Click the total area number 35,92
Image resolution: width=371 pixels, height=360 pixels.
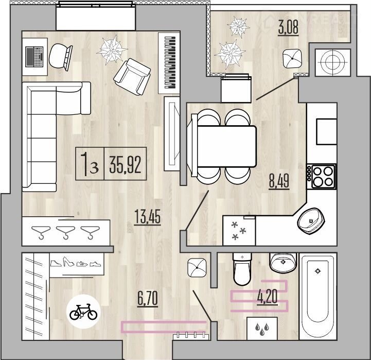coord(125,165)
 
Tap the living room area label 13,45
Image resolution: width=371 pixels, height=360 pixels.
coord(147,216)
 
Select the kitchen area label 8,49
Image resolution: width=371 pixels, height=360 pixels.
coord(279,181)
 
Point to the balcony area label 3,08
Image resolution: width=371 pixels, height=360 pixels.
coord(288,27)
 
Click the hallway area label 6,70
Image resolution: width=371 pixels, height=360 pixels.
coord(148,298)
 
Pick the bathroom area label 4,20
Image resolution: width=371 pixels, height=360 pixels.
coord(267,297)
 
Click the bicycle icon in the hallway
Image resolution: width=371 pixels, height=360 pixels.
coord(83,312)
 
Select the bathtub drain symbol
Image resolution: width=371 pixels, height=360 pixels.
coord(318,271)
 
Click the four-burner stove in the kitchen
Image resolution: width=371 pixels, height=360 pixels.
coord(322,177)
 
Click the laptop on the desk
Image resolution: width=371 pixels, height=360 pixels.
coord(34,57)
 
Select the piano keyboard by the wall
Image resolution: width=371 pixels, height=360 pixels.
coord(170,62)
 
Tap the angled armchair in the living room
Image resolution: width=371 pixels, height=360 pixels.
coord(132,77)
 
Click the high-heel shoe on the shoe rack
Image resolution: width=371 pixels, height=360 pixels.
coord(68,262)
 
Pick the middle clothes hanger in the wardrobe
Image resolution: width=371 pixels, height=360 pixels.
coord(65,233)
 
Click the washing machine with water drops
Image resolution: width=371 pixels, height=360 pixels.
coord(262,329)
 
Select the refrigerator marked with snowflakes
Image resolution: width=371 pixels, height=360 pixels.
coord(239,230)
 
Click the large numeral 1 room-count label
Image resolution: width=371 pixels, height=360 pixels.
coord(85,164)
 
